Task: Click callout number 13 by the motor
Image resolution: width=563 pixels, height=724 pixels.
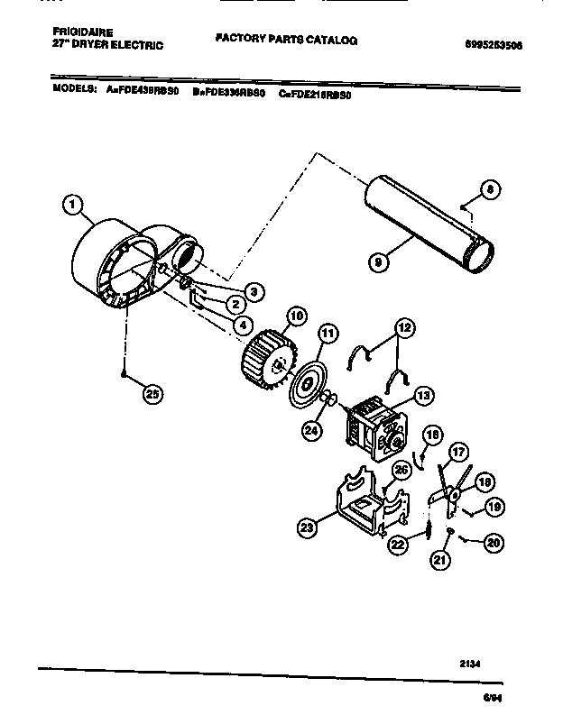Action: [x=422, y=394]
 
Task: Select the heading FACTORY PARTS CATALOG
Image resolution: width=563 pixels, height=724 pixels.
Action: [x=286, y=41]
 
